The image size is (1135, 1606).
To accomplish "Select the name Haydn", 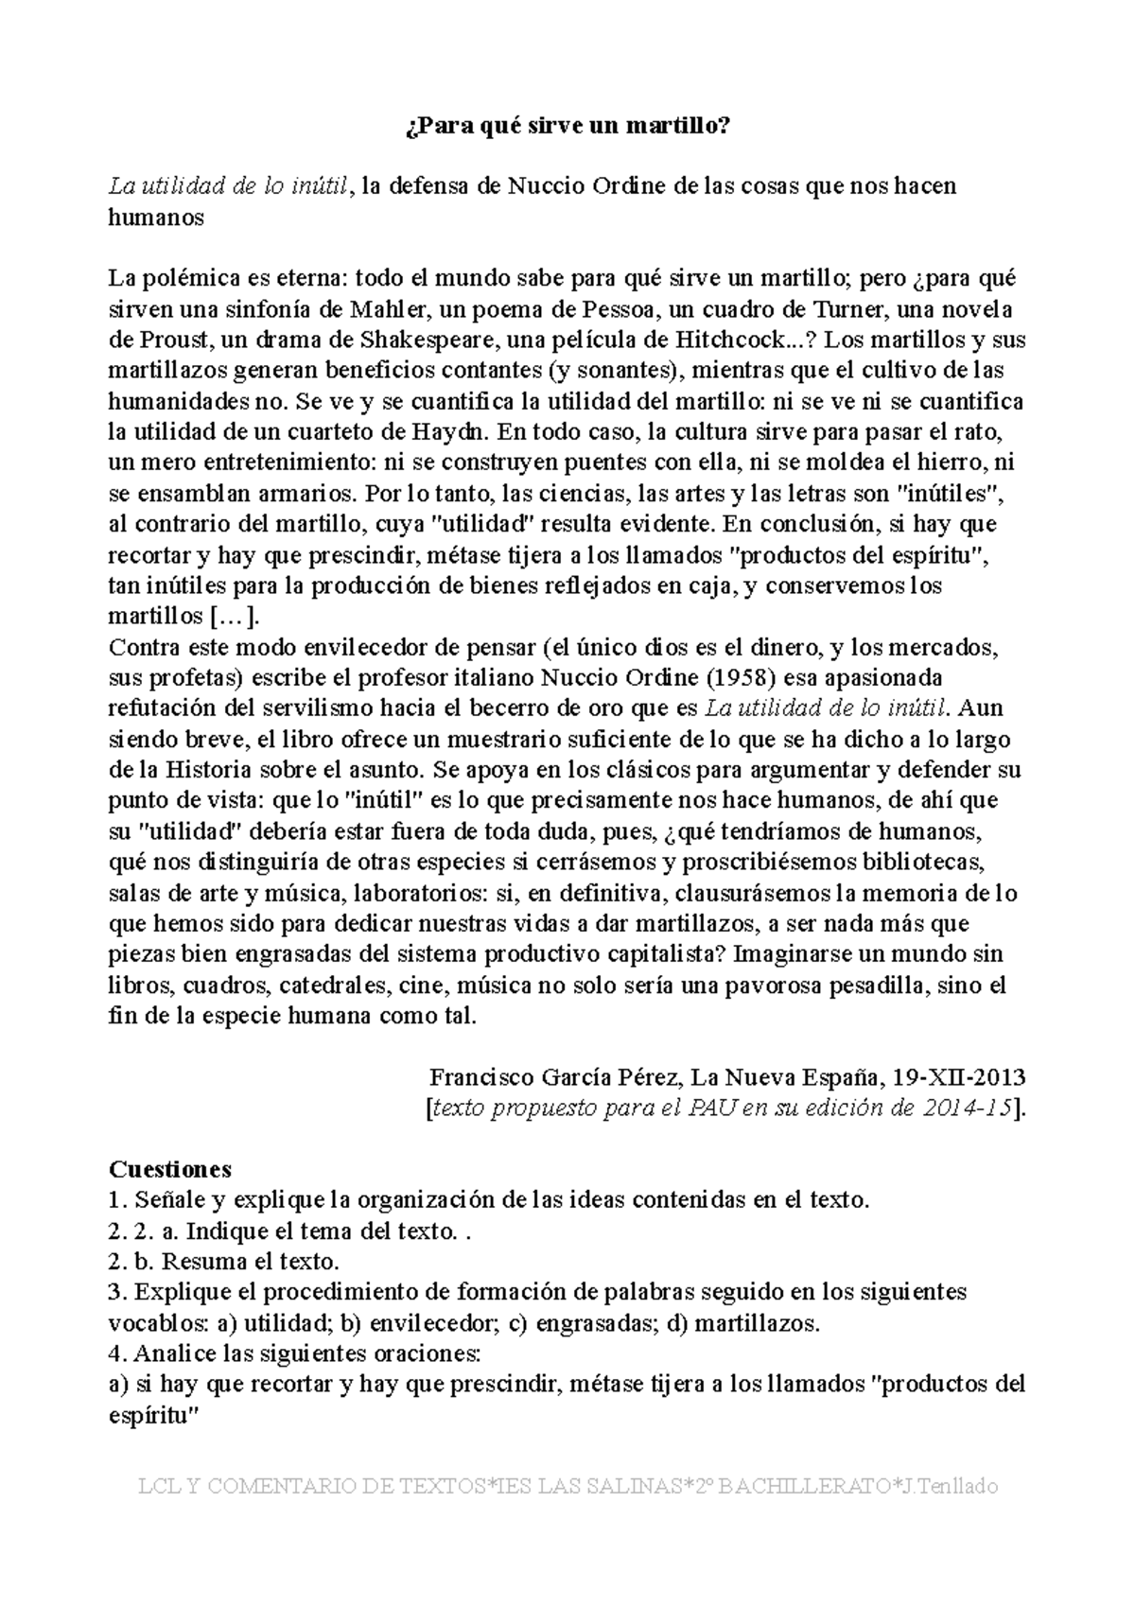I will tap(449, 431).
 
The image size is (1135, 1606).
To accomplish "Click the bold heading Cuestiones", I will tap(170, 1169).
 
